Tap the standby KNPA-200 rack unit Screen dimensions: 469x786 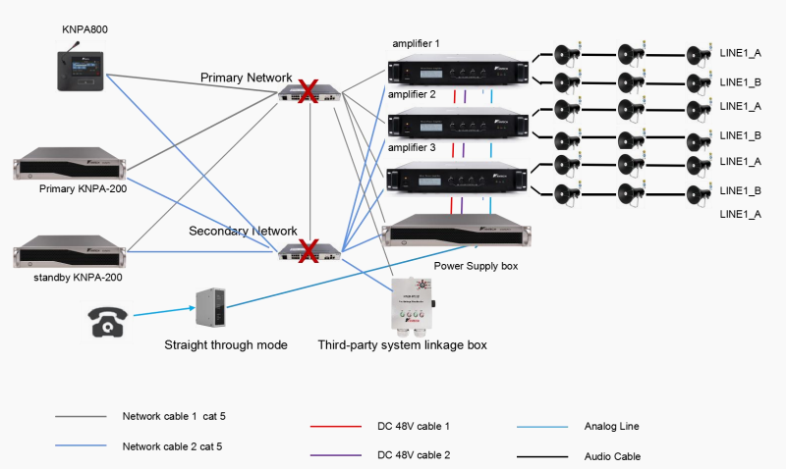coord(70,251)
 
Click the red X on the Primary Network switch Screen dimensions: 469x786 coord(308,92)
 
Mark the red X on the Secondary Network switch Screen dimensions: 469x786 coord(308,251)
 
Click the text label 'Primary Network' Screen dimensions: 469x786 coord(246,78)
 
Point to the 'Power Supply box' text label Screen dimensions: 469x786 coord(474,265)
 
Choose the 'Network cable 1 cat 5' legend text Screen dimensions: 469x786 coord(174,417)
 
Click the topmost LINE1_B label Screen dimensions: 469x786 coord(740,81)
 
